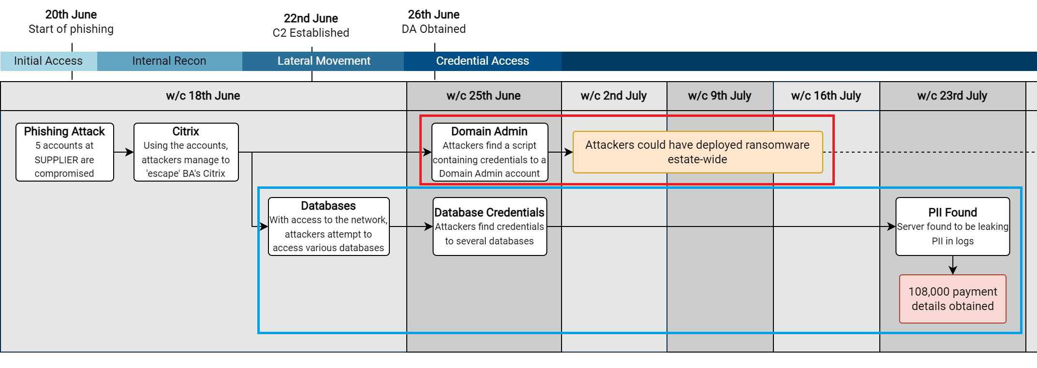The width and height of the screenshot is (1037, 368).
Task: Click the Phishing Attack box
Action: click(x=65, y=152)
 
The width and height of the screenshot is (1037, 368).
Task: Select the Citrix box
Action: click(x=186, y=152)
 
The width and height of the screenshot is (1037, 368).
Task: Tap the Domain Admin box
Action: click(x=489, y=152)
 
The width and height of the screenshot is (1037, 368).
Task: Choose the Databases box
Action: click(x=329, y=226)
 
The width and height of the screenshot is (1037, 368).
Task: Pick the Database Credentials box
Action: click(x=489, y=226)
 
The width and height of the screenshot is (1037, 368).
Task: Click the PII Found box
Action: click(x=953, y=226)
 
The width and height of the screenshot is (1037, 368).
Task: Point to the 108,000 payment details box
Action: click(x=953, y=299)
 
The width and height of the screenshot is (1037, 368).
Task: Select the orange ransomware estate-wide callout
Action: click(x=697, y=152)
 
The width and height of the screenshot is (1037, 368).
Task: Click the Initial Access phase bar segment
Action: click(x=48, y=61)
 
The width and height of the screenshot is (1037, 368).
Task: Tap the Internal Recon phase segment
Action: click(x=169, y=61)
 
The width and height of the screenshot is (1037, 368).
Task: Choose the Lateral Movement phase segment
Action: click(x=323, y=61)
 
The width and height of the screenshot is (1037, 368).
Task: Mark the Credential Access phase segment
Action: click(x=483, y=61)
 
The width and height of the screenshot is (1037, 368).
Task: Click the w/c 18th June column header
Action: click(x=203, y=96)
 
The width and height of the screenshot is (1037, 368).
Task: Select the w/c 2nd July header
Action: click(x=614, y=96)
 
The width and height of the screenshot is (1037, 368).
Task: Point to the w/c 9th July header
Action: click(x=720, y=96)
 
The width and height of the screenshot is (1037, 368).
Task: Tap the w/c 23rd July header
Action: click(x=952, y=96)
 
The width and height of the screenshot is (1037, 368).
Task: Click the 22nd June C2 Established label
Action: click(x=311, y=26)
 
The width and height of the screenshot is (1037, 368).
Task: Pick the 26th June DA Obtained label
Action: click(x=434, y=22)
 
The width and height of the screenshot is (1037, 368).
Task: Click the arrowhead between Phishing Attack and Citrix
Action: click(x=130, y=152)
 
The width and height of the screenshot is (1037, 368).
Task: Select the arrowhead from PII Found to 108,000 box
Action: click(x=953, y=270)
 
